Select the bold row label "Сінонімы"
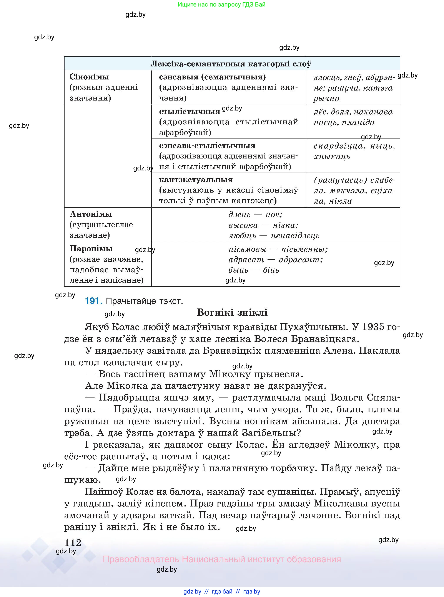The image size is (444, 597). [x=89, y=77]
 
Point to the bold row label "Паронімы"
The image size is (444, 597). [x=91, y=249]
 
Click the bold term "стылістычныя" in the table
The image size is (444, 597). [x=190, y=111]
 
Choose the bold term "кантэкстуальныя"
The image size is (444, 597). [x=196, y=180]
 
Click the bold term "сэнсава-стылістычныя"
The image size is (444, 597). [x=207, y=145]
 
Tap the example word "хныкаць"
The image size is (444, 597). [x=332, y=157]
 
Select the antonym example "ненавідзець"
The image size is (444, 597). [x=295, y=236]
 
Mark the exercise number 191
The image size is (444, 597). [x=93, y=301]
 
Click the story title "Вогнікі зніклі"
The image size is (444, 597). [x=232, y=312]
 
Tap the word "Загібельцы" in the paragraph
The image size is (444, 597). [x=271, y=433]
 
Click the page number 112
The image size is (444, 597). [x=73, y=543]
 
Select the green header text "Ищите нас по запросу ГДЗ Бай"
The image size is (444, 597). [x=221, y=5]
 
